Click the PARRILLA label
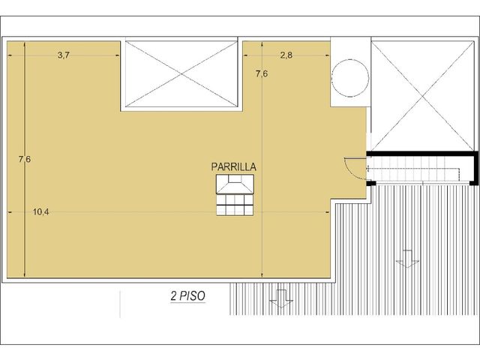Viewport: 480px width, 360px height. pyautogui.click(x=233, y=166)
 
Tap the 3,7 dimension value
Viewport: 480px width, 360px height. pyautogui.click(x=64, y=55)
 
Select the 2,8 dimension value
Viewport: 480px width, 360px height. pyautogui.click(x=286, y=55)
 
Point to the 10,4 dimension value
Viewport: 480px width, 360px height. pyautogui.click(x=40, y=211)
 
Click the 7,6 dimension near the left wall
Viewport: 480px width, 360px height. pyautogui.click(x=25, y=159)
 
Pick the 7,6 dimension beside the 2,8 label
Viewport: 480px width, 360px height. pyautogui.click(x=262, y=73)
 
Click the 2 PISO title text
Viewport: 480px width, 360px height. pyautogui.click(x=188, y=296)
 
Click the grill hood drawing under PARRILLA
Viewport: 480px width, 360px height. pyautogui.click(x=235, y=184)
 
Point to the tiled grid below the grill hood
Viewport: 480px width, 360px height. pyautogui.click(x=235, y=205)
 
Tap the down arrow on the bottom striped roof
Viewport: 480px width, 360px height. pyautogui.click(x=281, y=298)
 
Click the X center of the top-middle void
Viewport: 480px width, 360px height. pyautogui.click(x=181, y=74)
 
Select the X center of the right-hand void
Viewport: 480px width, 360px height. pyautogui.click(x=423, y=96)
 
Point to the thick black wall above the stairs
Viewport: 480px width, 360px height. pyautogui.click(x=422, y=154)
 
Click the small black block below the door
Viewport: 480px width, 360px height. pyautogui.click(x=371, y=183)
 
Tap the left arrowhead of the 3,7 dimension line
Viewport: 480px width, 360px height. pyautogui.click(x=10, y=55)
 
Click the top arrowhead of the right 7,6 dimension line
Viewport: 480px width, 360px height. pyautogui.click(x=262, y=43)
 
